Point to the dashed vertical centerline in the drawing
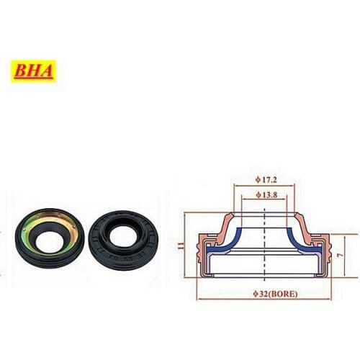click(x=267, y=238)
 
